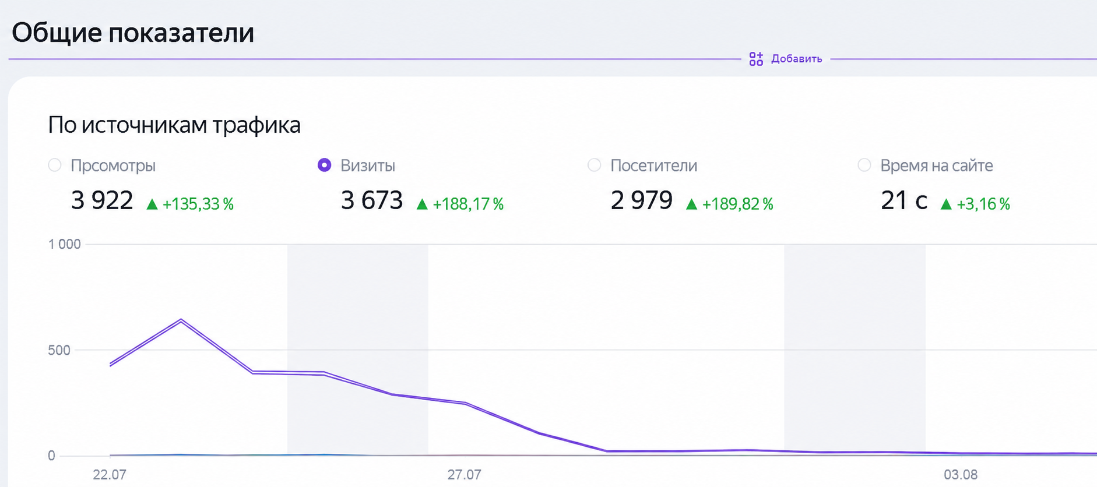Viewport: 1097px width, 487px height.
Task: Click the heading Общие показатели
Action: coord(133,33)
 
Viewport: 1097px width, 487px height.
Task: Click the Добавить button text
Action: coord(796,59)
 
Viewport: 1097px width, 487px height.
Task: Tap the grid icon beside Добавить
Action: coord(756,59)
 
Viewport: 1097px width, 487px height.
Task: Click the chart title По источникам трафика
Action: coord(174,125)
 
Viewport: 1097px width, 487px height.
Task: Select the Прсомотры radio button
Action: coord(55,165)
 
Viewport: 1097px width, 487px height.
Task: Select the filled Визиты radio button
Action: coord(325,165)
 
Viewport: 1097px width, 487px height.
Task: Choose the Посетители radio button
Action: coord(595,165)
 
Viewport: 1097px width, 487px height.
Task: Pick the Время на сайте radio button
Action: coord(864,165)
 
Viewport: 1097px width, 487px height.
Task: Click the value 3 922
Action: coord(102,201)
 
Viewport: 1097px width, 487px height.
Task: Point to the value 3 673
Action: coord(372,201)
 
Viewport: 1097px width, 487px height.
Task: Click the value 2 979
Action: coord(642,201)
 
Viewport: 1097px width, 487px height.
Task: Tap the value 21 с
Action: coord(904,201)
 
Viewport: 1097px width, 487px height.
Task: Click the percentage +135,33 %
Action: coord(198,204)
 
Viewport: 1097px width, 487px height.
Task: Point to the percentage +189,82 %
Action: coord(738,204)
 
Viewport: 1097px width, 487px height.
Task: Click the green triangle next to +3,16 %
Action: coord(946,204)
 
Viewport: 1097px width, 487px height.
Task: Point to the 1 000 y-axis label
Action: coord(64,244)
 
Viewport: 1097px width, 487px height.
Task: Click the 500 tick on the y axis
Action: coord(59,350)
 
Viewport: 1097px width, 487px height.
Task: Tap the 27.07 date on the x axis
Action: coord(464,475)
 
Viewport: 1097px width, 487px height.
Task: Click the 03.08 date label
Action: coord(961,475)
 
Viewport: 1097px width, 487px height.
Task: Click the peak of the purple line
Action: coord(181,320)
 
